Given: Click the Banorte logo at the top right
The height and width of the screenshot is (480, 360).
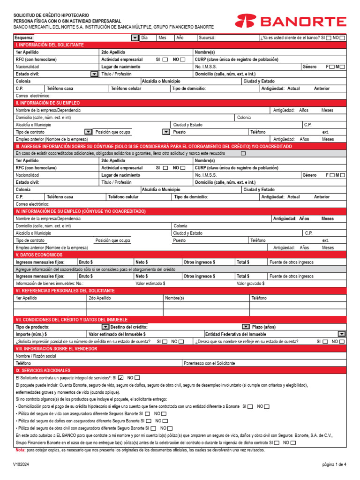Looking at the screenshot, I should pyautogui.click(x=291, y=21).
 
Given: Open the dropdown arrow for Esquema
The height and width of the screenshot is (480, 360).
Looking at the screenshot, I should pyautogui.click(x=135, y=37).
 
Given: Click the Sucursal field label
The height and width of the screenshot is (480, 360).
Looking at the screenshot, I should pyautogui.click(x=207, y=37).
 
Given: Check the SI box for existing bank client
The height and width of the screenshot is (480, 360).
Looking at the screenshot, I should pyautogui.click(x=330, y=37).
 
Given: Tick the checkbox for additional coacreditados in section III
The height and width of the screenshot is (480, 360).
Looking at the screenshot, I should pyautogui.click(x=243, y=153).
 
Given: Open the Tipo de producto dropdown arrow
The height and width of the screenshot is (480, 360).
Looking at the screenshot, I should pyautogui.click(x=105, y=326).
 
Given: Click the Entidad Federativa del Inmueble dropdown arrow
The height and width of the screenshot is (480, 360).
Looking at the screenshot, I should pyautogui.click(x=341, y=334).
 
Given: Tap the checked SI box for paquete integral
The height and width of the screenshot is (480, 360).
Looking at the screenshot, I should pyautogui.click(x=121, y=377).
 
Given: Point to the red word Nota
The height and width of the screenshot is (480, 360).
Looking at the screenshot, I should pyautogui.click(x=20, y=450).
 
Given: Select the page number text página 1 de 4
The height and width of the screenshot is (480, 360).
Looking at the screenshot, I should pyautogui.click(x=334, y=465).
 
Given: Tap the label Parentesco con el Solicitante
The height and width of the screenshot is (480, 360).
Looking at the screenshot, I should pyautogui.click(x=210, y=363).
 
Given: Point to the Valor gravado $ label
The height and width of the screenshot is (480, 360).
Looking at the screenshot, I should pyautogui.click(x=250, y=283).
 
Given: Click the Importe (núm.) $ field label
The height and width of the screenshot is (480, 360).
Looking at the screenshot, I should pyautogui.click(x=31, y=334).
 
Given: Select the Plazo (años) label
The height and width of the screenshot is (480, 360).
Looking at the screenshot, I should pyautogui.click(x=263, y=327).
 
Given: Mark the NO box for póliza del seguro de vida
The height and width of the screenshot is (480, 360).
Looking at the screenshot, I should pyautogui.click(x=164, y=414).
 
